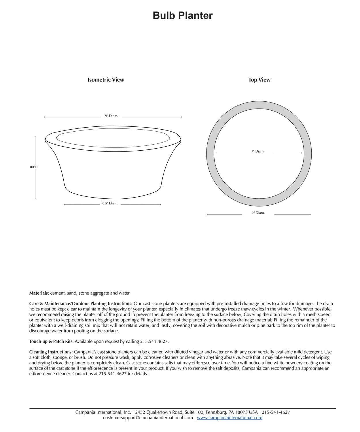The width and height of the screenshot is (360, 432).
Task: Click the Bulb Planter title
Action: point(183,16)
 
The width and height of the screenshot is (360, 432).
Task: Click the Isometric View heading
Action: point(106,80)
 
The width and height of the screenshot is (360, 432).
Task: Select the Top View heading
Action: point(259,80)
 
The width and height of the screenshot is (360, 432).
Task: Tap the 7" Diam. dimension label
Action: point(258,151)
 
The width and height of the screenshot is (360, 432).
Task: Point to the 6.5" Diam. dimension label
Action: point(110,203)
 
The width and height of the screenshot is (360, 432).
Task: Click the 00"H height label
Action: point(34,167)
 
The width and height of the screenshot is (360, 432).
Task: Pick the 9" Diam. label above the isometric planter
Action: point(111,116)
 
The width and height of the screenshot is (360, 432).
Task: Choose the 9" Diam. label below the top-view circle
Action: point(258,213)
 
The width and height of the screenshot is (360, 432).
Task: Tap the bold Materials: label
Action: point(39,293)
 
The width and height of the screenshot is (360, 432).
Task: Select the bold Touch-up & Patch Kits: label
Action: point(52,342)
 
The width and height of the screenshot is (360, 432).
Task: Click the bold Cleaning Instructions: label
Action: point(51,352)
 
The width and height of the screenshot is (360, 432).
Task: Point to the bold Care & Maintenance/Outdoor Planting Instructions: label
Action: point(81,304)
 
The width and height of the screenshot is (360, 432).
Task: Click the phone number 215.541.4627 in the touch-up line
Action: point(154,342)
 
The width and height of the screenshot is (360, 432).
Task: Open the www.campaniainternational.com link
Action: point(230,418)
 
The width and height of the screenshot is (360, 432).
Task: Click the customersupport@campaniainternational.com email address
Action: point(148,418)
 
